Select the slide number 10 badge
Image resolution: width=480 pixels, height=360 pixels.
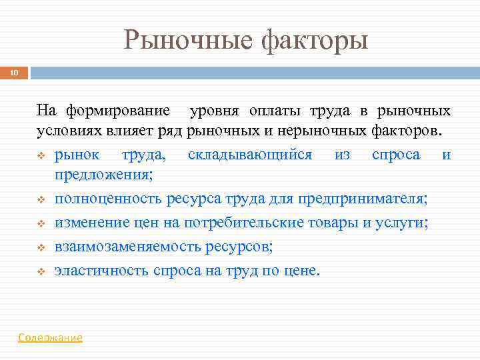click(x=14, y=73)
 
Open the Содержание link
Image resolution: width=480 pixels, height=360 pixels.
click(x=51, y=337)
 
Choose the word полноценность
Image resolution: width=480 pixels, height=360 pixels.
click(x=109, y=199)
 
